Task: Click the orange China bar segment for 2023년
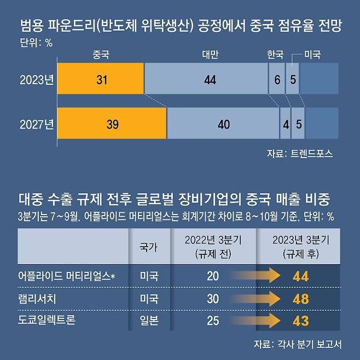click(x=101, y=79)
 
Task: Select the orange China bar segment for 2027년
click(x=112, y=124)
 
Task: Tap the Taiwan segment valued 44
click(x=206, y=79)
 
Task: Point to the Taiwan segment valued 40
click(x=223, y=124)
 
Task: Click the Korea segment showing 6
click(x=277, y=79)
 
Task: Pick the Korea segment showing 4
click(x=285, y=124)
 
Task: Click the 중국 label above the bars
click(x=101, y=55)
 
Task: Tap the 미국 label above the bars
click(x=312, y=55)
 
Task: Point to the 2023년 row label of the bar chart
click(x=37, y=80)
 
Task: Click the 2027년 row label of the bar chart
click(x=37, y=124)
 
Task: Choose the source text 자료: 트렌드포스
click(x=300, y=154)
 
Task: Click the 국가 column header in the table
click(x=149, y=247)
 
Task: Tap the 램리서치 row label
click(x=41, y=299)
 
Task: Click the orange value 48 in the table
click(x=300, y=299)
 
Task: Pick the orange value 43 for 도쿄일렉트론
click(x=300, y=321)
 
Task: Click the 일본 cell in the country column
click(x=149, y=321)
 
